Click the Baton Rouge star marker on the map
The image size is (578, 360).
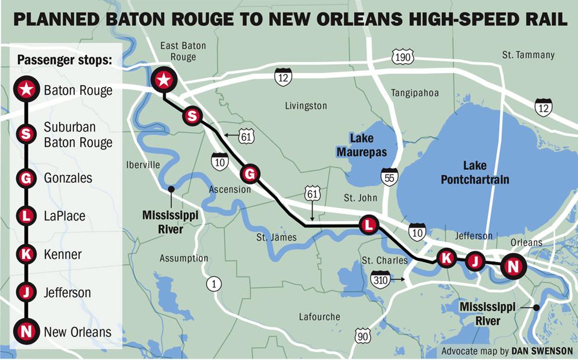click(x=164, y=80)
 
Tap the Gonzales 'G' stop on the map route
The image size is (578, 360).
click(x=250, y=175)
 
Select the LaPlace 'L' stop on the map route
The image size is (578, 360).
click(x=368, y=225)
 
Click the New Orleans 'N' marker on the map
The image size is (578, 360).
click(x=512, y=266)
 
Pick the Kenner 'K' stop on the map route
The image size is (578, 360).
click(x=446, y=258)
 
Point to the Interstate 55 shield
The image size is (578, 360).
click(x=389, y=176)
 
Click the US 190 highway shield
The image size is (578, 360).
click(x=403, y=57)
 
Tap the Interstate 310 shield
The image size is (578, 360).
click(x=381, y=279)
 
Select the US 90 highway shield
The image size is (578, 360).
click(x=362, y=335)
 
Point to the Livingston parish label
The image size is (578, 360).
click(x=305, y=105)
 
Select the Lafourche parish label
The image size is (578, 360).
click(x=319, y=316)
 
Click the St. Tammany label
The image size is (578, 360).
click(x=528, y=55)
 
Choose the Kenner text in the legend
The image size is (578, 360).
click(x=63, y=255)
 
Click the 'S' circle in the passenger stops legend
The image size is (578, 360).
click(x=26, y=133)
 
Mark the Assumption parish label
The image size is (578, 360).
click(x=184, y=258)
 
